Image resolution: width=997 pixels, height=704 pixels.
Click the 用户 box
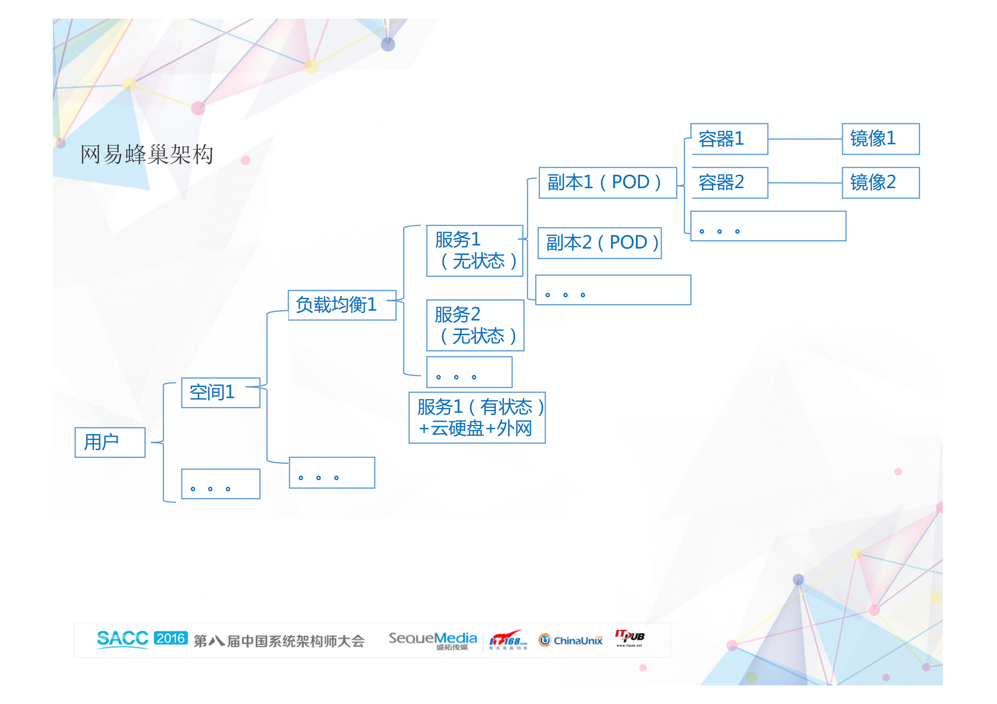point(110,442)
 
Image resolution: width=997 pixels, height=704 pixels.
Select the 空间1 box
point(220,392)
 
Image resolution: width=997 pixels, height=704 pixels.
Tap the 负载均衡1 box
point(342,305)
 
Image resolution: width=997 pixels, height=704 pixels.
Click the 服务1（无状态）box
point(474,250)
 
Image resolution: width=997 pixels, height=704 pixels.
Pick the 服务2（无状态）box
point(475,325)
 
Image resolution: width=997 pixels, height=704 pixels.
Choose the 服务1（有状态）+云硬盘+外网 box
point(477,417)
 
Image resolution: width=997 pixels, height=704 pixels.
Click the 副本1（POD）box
point(607,182)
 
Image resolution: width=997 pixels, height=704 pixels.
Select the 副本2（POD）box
point(599,243)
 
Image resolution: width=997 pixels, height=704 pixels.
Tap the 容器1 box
point(729,139)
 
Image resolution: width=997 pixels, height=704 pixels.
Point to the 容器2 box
point(729,182)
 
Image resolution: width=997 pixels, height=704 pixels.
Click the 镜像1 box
point(880,139)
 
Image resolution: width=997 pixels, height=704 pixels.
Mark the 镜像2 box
point(880,182)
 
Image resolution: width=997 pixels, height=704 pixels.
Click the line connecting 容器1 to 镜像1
point(805,139)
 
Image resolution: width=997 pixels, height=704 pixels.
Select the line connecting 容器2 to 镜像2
point(805,182)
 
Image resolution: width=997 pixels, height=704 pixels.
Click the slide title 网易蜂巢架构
point(147,154)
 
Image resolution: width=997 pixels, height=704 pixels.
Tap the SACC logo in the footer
point(123,639)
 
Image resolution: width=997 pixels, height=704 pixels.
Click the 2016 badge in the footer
point(171,638)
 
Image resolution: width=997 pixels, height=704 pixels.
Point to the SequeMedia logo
point(433,640)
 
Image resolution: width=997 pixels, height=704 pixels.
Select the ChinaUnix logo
point(570,640)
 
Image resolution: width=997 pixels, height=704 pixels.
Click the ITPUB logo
point(629,637)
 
